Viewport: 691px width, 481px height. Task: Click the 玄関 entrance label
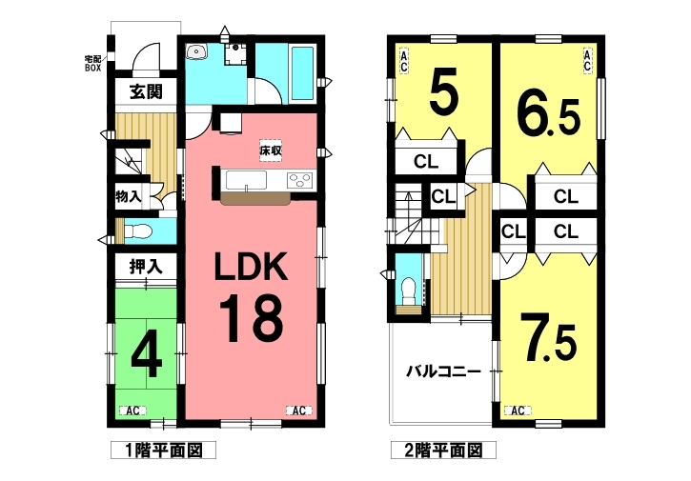146,91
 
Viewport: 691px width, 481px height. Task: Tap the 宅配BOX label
93,64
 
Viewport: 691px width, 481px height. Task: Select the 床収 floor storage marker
270,150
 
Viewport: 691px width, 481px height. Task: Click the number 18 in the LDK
251,318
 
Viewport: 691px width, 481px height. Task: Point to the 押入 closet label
146,267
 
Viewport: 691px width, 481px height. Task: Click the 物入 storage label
129,196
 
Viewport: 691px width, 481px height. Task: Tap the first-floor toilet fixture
138,230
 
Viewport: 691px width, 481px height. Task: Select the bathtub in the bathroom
303,72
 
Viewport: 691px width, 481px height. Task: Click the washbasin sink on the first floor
196,52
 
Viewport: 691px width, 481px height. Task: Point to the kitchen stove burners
299,180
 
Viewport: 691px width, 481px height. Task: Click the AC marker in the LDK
299,411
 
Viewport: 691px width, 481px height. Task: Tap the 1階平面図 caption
164,451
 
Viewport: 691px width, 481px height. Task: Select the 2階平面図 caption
444,451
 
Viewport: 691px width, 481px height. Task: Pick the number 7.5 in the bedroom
548,338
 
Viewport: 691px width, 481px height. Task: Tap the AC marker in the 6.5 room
587,60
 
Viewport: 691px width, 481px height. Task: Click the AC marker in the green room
133,411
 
